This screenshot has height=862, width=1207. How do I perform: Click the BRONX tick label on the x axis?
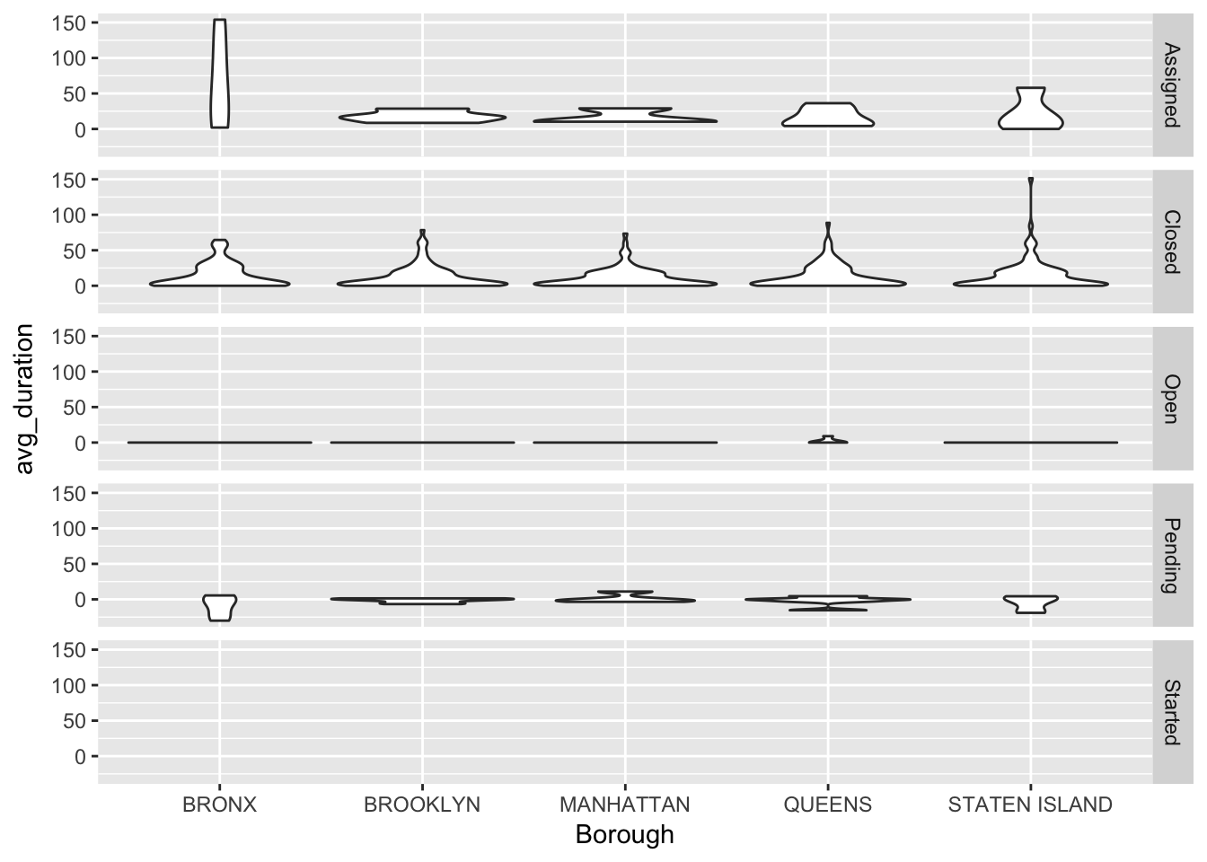tap(219, 805)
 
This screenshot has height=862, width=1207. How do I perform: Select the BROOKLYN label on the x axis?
tap(422, 805)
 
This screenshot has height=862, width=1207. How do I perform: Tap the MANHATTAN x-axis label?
tap(625, 805)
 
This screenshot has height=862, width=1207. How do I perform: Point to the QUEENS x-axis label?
tap(828, 805)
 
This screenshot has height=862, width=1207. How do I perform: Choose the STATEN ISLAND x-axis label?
tap(1030, 805)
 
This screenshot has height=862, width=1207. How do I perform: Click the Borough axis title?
tap(624, 835)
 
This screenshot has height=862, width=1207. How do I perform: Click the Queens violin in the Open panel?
tap(828, 440)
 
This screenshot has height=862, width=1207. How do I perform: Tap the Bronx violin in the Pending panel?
tap(219, 606)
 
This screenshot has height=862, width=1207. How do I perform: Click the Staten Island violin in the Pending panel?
tap(1030, 603)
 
